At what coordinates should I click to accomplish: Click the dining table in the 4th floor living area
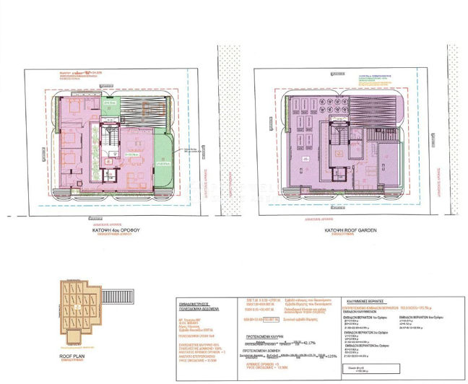point(133,153)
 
